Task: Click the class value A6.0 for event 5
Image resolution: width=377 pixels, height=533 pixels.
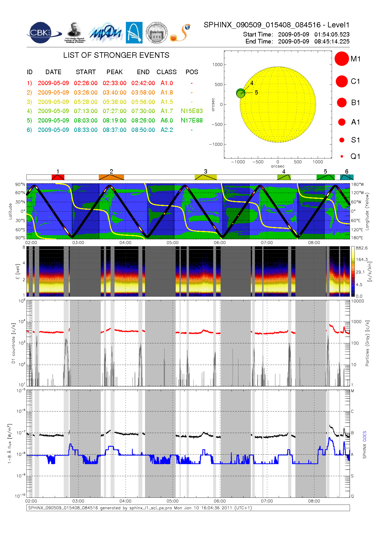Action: [167, 120]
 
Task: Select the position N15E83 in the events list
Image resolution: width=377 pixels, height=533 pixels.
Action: [192, 111]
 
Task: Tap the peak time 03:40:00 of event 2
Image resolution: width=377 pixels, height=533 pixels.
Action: [114, 92]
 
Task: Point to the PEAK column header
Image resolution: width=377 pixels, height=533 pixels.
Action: [114, 72]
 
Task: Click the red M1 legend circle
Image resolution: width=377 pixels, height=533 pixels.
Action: [341, 59]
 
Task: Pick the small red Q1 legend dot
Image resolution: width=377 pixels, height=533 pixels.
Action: [342, 156]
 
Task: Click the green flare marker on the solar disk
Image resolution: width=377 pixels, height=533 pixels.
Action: [240, 93]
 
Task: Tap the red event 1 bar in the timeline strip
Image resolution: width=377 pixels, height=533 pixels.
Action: [58, 177]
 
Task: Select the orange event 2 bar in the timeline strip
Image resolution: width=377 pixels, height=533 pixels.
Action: [111, 177]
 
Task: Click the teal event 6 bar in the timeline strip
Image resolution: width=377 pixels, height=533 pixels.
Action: [347, 177]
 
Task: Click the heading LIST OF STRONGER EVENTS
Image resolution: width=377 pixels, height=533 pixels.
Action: [116, 55]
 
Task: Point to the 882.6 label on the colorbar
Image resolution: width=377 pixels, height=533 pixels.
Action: [361, 248]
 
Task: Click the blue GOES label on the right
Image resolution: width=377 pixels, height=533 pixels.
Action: [365, 436]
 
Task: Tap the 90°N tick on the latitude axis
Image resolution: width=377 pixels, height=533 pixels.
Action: [20, 184]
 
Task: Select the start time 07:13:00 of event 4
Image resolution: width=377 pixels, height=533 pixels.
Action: [85, 111]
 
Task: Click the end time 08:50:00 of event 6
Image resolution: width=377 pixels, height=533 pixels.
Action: [143, 130]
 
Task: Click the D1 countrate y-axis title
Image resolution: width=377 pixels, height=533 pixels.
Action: [13, 343]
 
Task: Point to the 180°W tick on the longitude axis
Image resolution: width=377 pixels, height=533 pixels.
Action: [357, 184]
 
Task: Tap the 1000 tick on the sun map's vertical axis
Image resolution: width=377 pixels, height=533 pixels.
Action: [217, 65]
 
